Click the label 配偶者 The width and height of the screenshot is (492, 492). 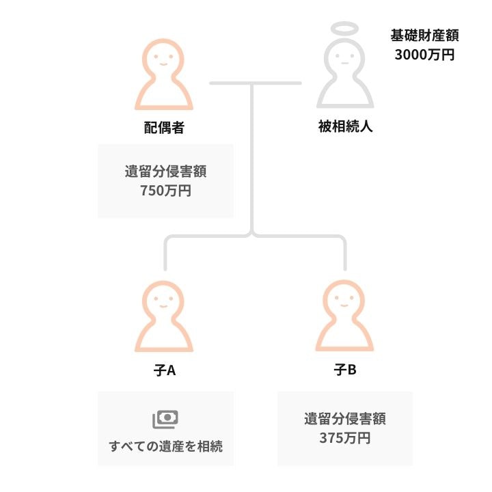pos(164,127)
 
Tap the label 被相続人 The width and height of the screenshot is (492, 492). pos(346,126)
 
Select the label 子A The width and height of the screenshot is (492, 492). pos(165,370)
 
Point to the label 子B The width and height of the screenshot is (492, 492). pos(345,370)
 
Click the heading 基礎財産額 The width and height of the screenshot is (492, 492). pos(424,35)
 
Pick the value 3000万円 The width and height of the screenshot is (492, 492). pos(424,55)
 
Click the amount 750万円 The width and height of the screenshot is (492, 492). pos(165,191)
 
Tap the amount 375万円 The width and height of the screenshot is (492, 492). pos(345,438)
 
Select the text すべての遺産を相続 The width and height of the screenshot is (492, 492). pos(165,446)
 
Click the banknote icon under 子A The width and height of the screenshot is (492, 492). pos(165,419)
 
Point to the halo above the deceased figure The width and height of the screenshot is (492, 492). pos(345,29)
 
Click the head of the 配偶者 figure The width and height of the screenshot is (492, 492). pos(163,58)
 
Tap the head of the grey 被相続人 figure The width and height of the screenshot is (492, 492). pos(345,57)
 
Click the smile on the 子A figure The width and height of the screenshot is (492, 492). pos(163,305)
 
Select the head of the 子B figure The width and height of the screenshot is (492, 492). pos(344,299)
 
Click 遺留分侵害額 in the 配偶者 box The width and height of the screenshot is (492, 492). pos(165,172)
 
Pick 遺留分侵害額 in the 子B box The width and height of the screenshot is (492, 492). pos(345,419)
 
